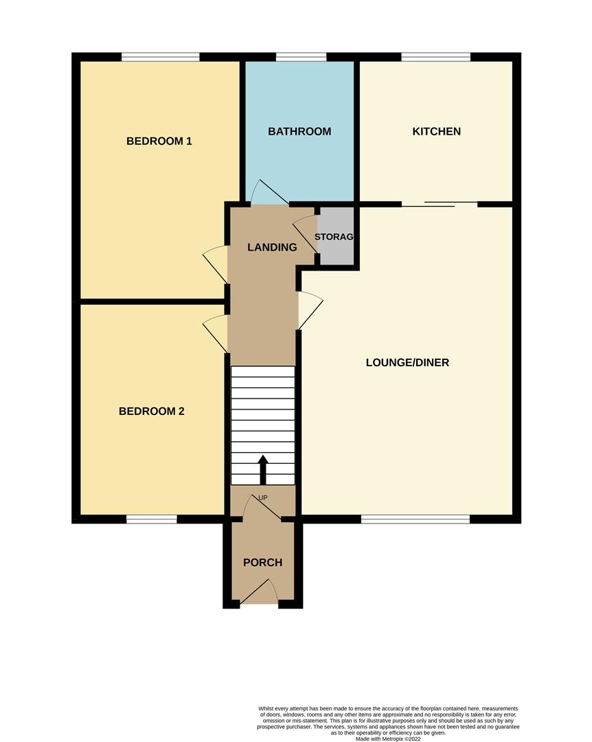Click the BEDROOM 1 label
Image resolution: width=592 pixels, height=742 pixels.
tap(159, 142)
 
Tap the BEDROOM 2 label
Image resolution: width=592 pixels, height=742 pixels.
tap(152, 412)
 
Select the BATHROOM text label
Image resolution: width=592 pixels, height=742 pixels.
tap(299, 131)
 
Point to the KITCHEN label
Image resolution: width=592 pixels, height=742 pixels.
tap(436, 131)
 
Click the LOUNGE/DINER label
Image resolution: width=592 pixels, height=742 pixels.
tap(407, 362)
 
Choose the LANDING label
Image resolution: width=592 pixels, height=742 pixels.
tap(272, 247)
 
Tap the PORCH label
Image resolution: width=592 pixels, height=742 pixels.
tap(262, 563)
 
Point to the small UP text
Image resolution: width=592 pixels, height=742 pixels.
tap(262, 497)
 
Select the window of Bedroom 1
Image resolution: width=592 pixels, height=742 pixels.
tap(161, 57)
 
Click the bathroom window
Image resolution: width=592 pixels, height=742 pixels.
tap(301, 57)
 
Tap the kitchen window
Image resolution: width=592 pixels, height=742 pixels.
tap(436, 57)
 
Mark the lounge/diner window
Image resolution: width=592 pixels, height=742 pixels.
tap(415, 519)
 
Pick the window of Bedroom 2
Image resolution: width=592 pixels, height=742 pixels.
tap(152, 519)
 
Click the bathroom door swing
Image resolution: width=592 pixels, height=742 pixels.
tap(262, 192)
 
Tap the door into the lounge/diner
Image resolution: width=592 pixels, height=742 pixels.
tap(309, 310)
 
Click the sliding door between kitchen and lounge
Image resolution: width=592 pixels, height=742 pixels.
tap(440, 203)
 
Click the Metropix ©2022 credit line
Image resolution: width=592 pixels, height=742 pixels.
tap(388, 739)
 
